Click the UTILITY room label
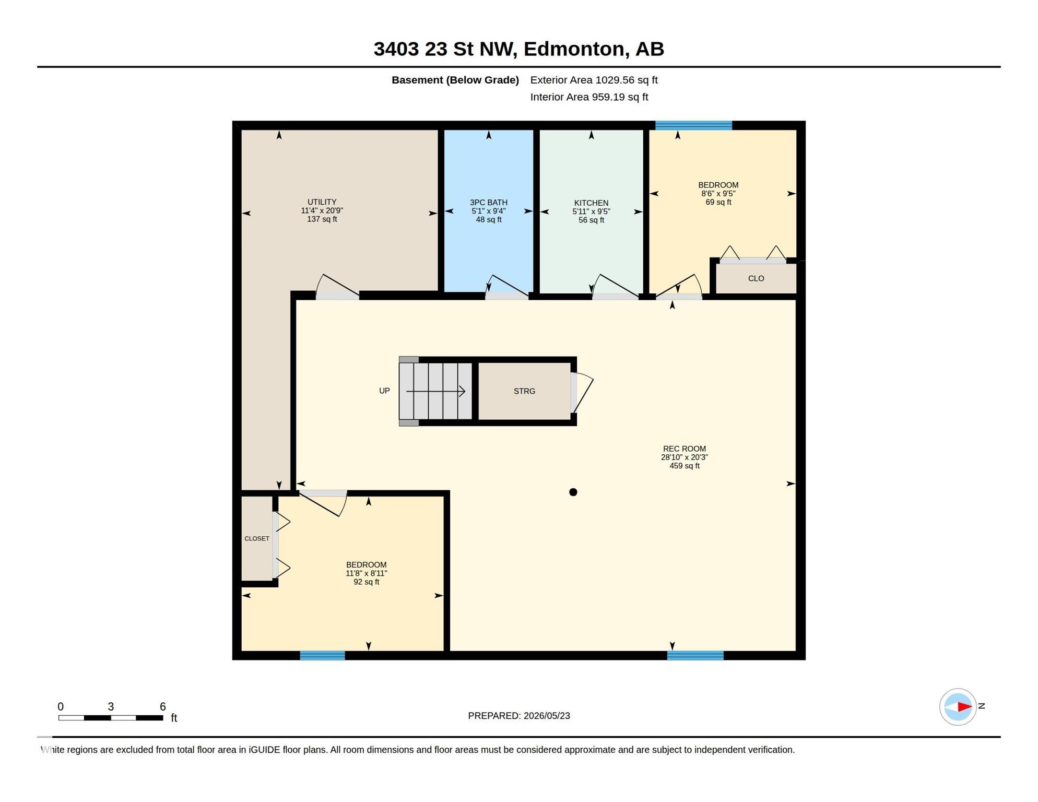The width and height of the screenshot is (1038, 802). [x=322, y=202]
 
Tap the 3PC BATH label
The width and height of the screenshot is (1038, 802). [x=488, y=203]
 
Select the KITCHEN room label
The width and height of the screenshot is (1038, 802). [x=591, y=203]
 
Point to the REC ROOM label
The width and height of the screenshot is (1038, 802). [x=684, y=449]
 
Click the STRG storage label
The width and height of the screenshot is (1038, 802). [x=524, y=391]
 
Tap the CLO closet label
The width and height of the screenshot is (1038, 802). [x=756, y=278]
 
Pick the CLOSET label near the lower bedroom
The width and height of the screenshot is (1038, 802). [x=257, y=538]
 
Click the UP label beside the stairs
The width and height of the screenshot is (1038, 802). [x=384, y=391]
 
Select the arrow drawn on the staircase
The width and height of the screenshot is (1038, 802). [x=435, y=391]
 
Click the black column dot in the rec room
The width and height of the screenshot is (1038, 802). [x=573, y=492]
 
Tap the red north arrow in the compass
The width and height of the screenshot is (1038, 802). [x=964, y=707]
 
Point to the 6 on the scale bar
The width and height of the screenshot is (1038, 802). [x=163, y=706]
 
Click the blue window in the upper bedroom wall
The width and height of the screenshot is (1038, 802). [x=693, y=125]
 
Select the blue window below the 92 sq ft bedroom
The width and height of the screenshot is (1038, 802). [x=322, y=655]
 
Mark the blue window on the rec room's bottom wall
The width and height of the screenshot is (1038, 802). [x=695, y=655]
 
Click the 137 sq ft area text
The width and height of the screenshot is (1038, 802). [x=322, y=219]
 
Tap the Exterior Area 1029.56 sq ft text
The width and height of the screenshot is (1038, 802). [x=594, y=80]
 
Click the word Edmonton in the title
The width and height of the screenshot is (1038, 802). [x=573, y=49]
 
